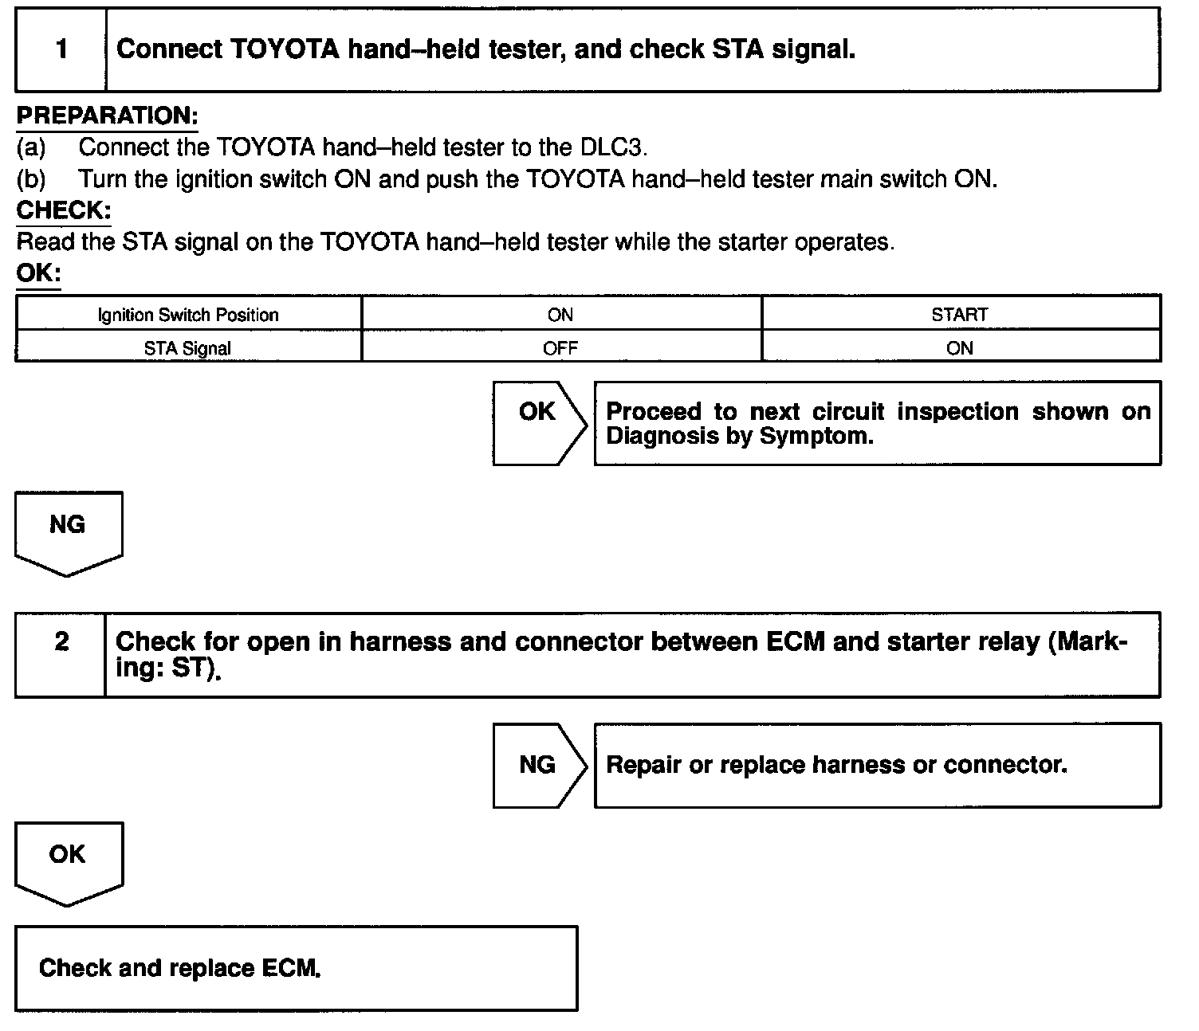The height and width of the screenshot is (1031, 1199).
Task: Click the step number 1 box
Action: pos(61,49)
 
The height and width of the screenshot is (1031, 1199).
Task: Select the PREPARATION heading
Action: pos(107,116)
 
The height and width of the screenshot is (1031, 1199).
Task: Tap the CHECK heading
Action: pos(63,210)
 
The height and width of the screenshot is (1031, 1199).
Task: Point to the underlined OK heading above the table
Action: pos(38,273)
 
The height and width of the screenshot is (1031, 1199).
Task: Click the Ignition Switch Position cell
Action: pos(188,315)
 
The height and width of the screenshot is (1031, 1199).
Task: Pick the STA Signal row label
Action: pos(188,348)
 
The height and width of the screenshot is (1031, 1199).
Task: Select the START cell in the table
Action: pos(960,315)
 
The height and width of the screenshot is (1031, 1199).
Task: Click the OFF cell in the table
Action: pos(560,348)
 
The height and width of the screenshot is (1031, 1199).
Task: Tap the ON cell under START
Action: pos(960,348)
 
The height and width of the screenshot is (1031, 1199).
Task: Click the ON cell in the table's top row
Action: pos(560,315)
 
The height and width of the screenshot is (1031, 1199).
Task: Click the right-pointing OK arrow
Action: pos(539,422)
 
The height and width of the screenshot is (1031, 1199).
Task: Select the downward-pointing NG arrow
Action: pos(69,530)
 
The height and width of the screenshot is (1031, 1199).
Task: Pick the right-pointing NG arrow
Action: pos(539,765)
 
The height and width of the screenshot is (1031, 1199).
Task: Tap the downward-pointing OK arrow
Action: pos(69,860)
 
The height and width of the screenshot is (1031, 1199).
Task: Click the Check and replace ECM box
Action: pos(296,968)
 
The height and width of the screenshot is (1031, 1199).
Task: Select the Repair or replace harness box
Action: pos(877,765)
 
